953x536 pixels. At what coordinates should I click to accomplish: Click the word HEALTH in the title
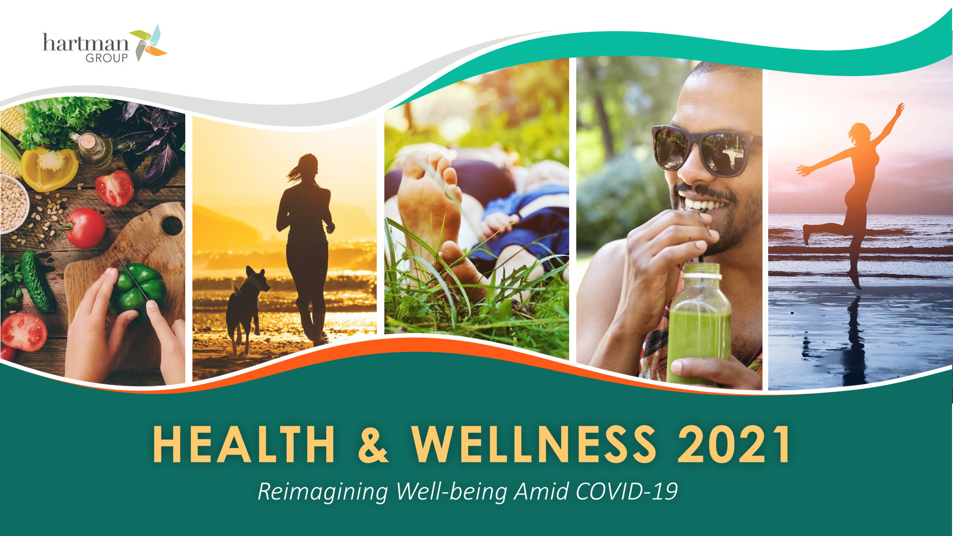click(244, 444)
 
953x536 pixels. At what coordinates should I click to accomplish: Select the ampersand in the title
click(373, 444)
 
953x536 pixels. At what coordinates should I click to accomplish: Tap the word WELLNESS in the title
click(534, 444)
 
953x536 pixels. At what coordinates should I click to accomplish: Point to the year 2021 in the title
click(734, 444)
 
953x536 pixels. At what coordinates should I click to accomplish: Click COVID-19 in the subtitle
click(626, 492)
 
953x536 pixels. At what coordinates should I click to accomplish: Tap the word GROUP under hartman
click(107, 58)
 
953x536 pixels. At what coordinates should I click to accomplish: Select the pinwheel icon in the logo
click(148, 43)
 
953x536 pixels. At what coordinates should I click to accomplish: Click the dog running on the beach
click(246, 309)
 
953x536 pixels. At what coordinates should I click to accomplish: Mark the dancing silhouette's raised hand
click(900, 108)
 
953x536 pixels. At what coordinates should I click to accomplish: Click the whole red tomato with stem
click(84, 228)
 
